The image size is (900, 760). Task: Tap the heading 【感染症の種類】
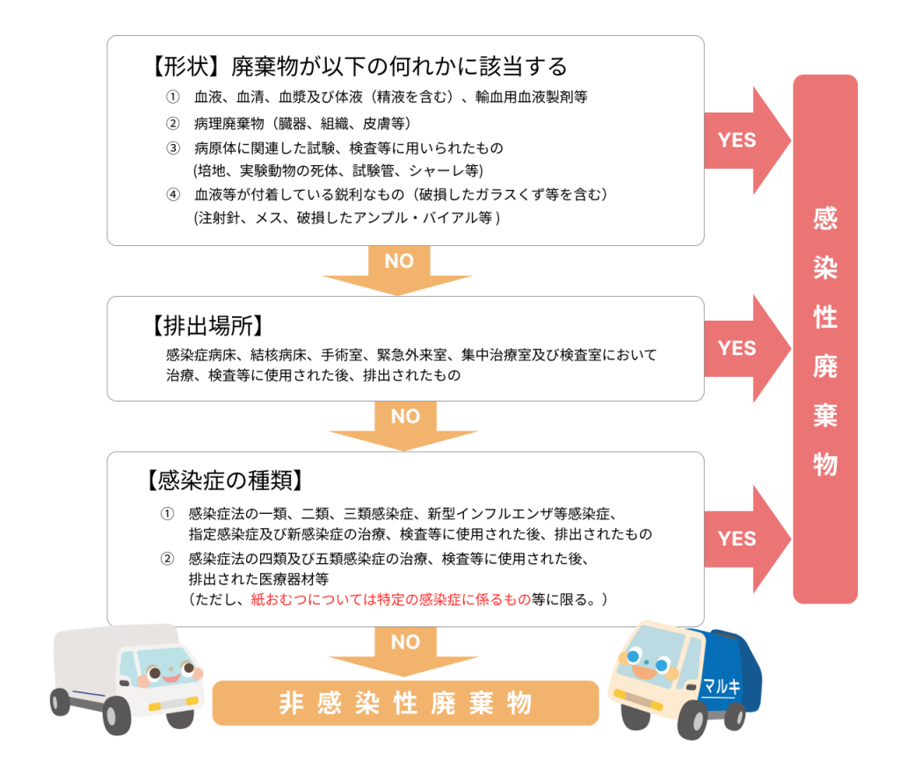(x=225, y=481)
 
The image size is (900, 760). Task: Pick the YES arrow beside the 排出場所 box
(x=742, y=348)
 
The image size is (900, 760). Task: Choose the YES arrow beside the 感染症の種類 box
(x=742, y=539)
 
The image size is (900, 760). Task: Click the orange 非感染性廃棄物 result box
(x=405, y=703)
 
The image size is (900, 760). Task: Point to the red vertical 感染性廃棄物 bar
(x=824, y=339)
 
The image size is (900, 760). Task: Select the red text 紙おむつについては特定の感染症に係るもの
(x=391, y=599)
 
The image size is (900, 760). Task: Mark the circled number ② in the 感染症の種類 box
(x=167, y=559)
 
